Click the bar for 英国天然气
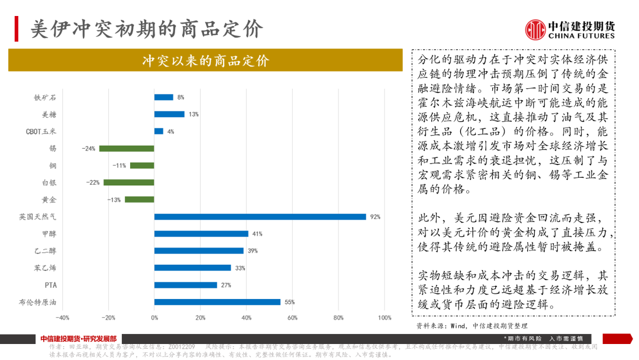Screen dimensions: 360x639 point(260,217)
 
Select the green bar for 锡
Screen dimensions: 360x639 point(127,149)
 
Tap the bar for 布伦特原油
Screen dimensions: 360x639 point(217,302)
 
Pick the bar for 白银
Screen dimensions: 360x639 point(129,182)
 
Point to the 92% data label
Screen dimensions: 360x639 point(375,217)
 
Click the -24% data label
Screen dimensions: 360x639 point(88,149)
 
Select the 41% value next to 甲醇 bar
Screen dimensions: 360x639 point(257,234)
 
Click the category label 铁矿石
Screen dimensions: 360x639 point(46,97)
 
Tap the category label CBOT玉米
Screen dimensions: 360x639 point(41,131)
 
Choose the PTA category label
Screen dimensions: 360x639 point(51,285)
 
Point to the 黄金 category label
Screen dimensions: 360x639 point(49,200)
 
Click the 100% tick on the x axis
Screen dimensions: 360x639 point(384,318)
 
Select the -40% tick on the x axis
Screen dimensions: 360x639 point(62,318)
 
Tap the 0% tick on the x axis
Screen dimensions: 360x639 point(154,318)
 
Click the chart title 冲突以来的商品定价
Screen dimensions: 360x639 point(205,60)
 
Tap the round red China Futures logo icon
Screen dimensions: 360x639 point(535,30)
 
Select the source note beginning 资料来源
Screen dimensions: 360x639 point(472,325)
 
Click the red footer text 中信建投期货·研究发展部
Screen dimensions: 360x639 point(79,339)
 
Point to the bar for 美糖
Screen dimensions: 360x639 point(169,114)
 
